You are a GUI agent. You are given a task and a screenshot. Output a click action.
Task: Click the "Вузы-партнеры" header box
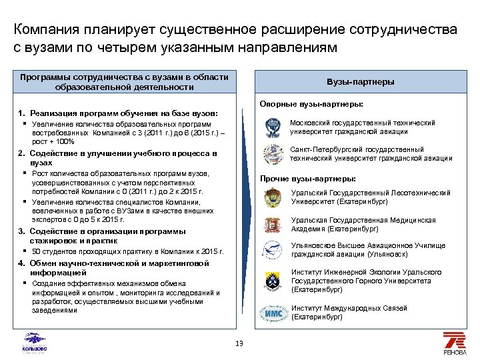[360, 82]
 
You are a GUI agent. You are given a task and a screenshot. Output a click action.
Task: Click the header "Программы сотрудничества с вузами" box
[124, 82]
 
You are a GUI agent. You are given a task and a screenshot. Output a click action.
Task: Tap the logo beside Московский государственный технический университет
[273, 127]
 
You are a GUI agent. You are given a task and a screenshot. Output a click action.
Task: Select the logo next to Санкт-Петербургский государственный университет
[273, 154]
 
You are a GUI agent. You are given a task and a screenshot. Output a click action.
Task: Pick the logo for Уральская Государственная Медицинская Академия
[272, 225]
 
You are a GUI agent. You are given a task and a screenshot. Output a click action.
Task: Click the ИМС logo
[273, 312]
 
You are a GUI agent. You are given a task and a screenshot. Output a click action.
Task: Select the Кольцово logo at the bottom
[35, 342]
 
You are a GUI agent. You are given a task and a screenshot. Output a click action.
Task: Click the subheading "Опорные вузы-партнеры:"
[311, 104]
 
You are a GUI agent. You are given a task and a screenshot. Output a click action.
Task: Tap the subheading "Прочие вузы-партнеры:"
[307, 179]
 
